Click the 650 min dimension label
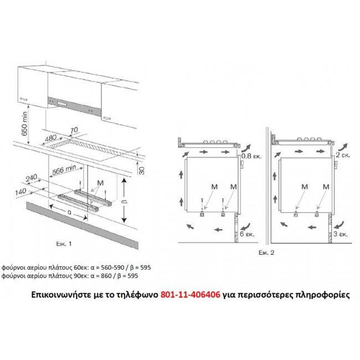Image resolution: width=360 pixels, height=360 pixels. [x=24, y=124]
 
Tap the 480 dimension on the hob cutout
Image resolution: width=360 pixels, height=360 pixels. [x=51, y=138]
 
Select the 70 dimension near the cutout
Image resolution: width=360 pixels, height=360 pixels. [x=74, y=130]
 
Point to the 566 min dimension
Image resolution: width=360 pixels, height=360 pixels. [x=64, y=169]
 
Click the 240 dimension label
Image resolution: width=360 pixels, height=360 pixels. [x=31, y=178]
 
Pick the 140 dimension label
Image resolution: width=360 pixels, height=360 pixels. [x=20, y=192]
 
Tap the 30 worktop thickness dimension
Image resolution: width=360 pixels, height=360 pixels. [x=142, y=171]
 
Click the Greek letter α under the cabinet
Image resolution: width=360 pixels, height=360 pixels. [x=69, y=212]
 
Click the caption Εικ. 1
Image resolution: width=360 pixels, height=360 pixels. [x=64, y=244]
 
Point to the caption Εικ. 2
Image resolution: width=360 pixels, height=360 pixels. [x=266, y=253]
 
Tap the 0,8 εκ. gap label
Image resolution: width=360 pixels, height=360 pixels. [x=251, y=156]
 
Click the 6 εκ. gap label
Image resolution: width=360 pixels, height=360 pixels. [x=247, y=234]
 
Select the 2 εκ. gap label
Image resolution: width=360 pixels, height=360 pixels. [x=343, y=155]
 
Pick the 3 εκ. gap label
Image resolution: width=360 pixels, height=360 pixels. [x=341, y=234]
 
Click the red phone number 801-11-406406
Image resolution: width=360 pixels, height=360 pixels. [x=191, y=295]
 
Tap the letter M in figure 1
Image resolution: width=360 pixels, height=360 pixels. [x=100, y=183]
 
